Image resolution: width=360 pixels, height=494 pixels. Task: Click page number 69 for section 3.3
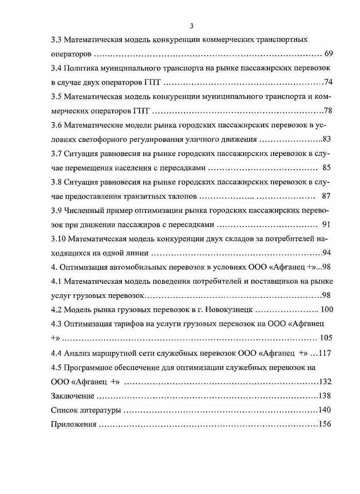click(x=329, y=54)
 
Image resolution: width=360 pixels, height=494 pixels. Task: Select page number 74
click(x=328, y=82)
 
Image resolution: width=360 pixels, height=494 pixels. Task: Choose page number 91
click(x=326, y=224)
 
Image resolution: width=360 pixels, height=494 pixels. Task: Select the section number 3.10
click(x=59, y=238)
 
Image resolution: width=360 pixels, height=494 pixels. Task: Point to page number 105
click(x=325, y=338)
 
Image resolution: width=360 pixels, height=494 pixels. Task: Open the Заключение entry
click(x=73, y=396)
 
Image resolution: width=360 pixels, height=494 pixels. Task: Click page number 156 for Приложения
click(x=325, y=424)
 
